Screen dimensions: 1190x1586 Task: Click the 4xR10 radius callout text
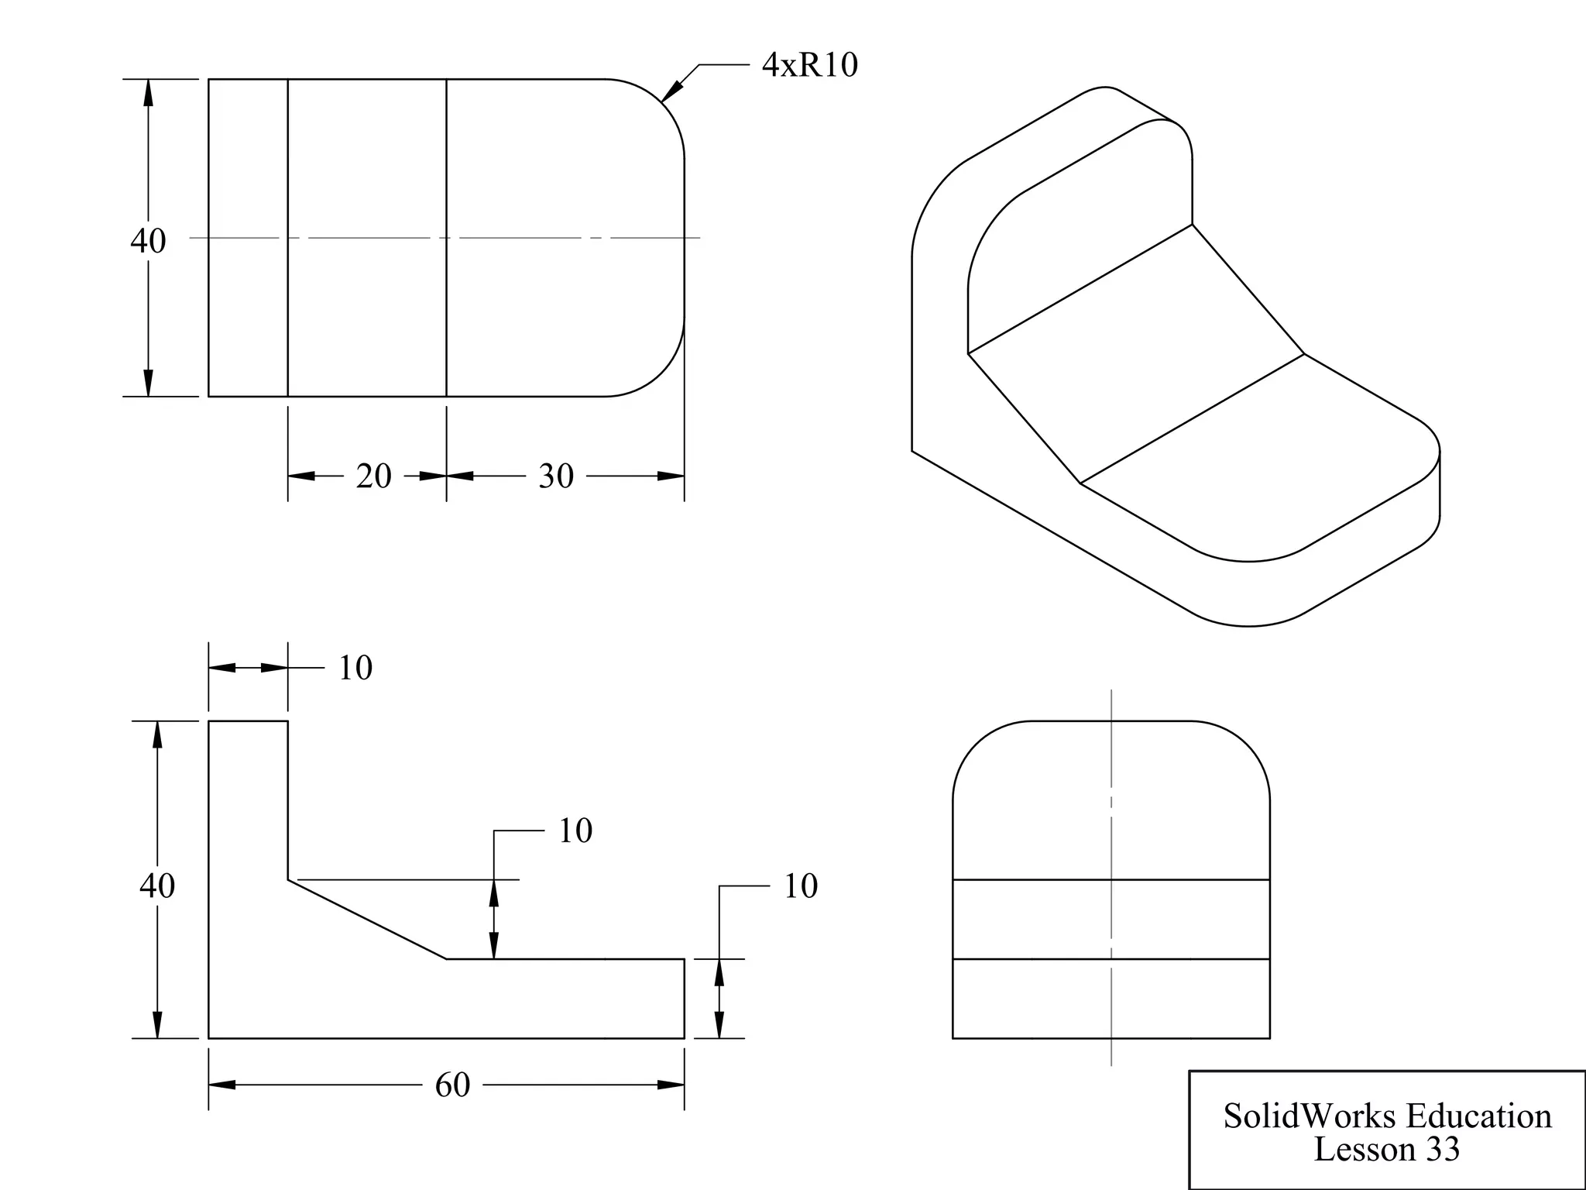pyautogui.click(x=809, y=65)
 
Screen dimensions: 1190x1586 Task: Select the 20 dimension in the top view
pyautogui.click(x=373, y=476)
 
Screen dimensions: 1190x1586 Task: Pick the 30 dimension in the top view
pyautogui.click(x=556, y=476)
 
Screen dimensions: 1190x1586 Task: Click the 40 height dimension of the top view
pyautogui.click(x=147, y=240)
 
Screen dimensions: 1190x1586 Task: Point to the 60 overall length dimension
pyautogui.click(x=452, y=1085)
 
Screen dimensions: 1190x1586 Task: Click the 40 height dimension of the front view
pyautogui.click(x=157, y=885)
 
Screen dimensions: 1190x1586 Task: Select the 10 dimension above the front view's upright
pyautogui.click(x=355, y=668)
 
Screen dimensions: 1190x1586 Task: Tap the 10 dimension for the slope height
pyautogui.click(x=575, y=831)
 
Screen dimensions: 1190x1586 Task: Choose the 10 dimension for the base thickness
pyautogui.click(x=801, y=886)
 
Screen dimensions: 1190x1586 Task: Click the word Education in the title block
pyautogui.click(x=1478, y=1116)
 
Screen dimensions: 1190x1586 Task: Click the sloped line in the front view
pyautogui.click(x=367, y=920)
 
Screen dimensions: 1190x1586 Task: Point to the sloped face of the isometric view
pyautogui.click(x=1137, y=354)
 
